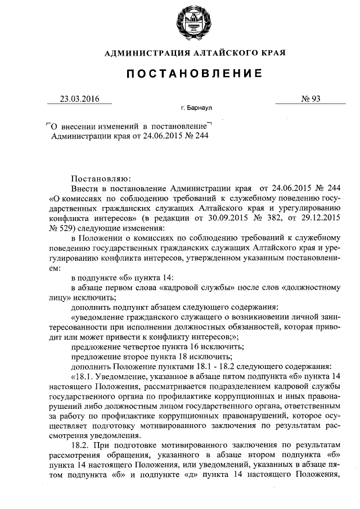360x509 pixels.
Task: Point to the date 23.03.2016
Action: click(79, 99)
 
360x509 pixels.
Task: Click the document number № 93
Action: click(311, 99)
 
